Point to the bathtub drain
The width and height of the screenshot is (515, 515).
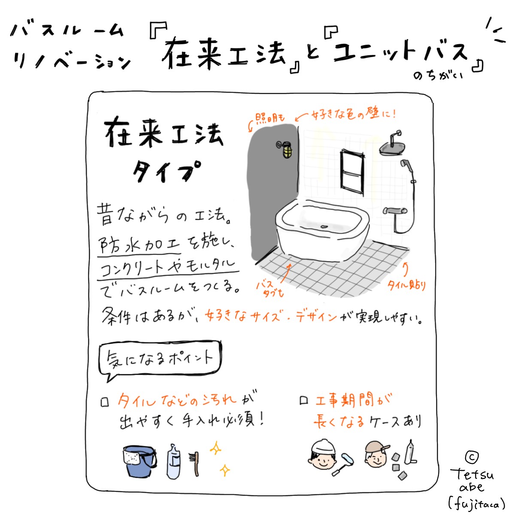(x=324, y=227)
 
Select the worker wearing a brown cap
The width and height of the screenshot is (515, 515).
(x=376, y=454)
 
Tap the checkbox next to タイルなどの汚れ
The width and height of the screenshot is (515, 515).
(x=104, y=403)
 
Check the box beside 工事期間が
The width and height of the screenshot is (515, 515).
(x=303, y=400)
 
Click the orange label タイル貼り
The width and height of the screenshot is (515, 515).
(x=406, y=286)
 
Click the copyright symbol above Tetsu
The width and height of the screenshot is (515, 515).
(x=472, y=457)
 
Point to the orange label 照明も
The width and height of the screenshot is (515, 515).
(x=270, y=118)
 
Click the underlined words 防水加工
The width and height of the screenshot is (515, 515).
(x=139, y=245)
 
